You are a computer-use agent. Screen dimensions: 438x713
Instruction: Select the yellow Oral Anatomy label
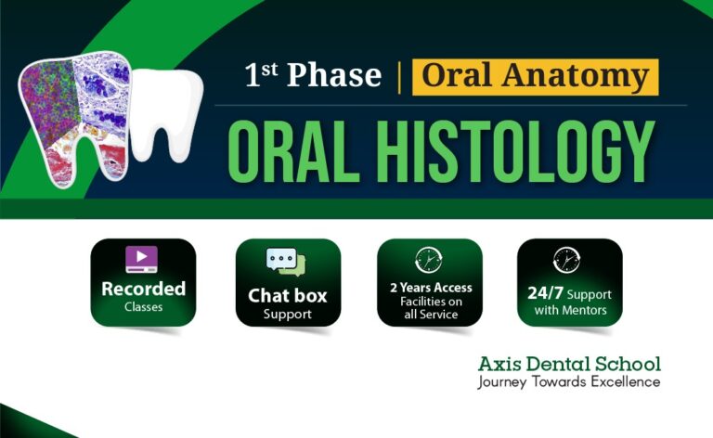tap(536, 76)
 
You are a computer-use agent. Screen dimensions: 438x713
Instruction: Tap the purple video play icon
tap(142, 258)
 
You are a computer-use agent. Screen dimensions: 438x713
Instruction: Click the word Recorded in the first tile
tap(143, 289)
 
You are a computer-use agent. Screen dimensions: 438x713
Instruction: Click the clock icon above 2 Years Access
tap(429, 259)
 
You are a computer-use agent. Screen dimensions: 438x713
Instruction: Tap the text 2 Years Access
tap(430, 288)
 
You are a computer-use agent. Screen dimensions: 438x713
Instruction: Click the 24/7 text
tap(546, 293)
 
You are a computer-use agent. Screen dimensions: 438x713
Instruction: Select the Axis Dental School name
tap(569, 363)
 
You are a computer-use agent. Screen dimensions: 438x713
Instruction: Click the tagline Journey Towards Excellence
tap(569, 381)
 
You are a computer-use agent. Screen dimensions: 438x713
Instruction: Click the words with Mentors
tap(570, 310)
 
